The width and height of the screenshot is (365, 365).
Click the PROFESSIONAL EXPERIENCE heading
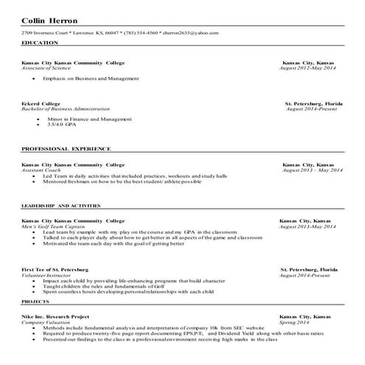[x=66, y=148]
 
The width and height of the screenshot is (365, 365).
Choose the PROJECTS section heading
[x=35, y=302]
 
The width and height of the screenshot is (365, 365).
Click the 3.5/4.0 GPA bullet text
[x=63, y=125]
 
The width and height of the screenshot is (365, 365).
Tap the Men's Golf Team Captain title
[x=55, y=226]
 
